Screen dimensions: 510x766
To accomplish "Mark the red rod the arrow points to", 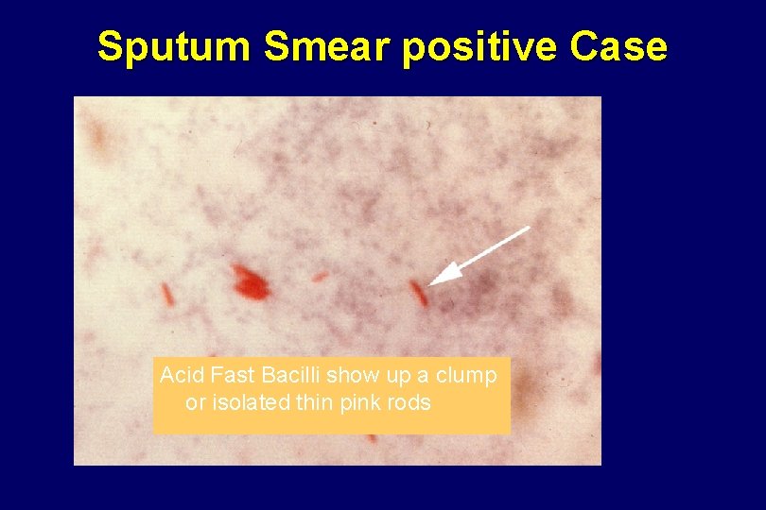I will (419, 293).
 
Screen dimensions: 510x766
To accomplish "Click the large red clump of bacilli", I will (250, 280).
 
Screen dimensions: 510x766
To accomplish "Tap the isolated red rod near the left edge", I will (167, 295).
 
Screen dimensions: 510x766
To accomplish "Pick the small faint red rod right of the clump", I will (321, 277).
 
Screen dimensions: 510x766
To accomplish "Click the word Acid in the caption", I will (177, 376).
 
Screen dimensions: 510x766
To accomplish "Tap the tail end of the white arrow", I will (526, 228).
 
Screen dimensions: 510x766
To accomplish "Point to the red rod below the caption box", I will (372, 438).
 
